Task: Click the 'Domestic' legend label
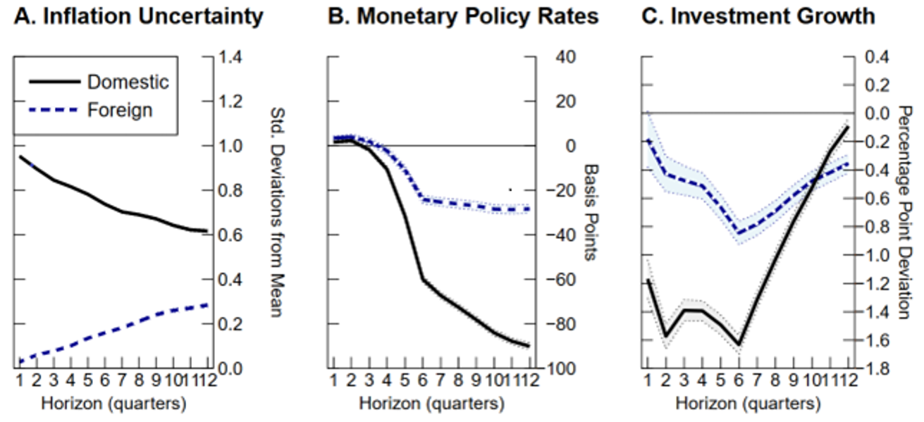pos(128,82)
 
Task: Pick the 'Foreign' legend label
pos(120,111)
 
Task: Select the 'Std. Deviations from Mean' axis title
pos(276,212)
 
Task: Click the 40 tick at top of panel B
pos(546,57)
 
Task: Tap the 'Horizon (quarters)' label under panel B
pos(431,404)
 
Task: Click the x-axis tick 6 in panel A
pos(104,380)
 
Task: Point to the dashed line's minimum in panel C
pos(739,233)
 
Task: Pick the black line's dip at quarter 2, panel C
pos(665,336)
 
